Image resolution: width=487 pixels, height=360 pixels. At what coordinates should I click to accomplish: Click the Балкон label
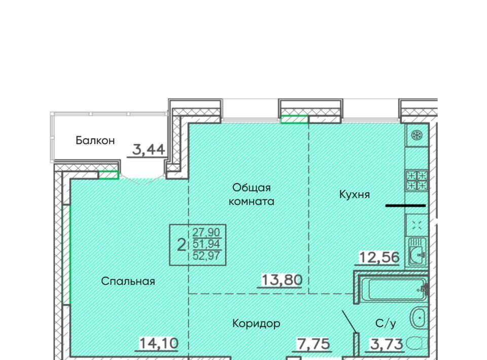[x=95, y=140]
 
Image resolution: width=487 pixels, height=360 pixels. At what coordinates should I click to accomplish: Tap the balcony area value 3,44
[x=149, y=150]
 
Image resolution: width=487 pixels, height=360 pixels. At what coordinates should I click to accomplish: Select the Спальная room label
[x=128, y=281]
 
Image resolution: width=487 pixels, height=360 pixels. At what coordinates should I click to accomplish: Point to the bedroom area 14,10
[x=159, y=343]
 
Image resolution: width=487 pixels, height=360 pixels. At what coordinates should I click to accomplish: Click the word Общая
[x=252, y=188]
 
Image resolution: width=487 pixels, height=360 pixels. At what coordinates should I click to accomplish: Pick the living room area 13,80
[x=282, y=280]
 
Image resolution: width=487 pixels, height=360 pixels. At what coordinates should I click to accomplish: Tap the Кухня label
[x=355, y=195]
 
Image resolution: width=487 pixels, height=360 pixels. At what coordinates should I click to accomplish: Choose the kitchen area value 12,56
[x=379, y=257]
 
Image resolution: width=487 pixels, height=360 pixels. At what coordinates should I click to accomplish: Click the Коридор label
[x=256, y=323]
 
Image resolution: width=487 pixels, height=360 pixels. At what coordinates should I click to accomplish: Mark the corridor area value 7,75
[x=314, y=344]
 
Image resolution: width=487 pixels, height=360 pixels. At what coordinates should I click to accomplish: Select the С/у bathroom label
[x=386, y=323]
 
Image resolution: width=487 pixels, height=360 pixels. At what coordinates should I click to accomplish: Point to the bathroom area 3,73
[x=387, y=344]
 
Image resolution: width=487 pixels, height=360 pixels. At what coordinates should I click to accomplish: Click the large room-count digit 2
[x=182, y=245]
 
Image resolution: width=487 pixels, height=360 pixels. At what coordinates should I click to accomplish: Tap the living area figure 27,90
[x=206, y=232]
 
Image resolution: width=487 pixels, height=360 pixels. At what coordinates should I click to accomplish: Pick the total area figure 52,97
[x=206, y=256]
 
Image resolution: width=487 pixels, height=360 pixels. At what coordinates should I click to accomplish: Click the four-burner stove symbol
[x=416, y=181]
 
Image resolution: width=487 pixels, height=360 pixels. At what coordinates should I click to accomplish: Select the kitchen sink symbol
[x=417, y=251]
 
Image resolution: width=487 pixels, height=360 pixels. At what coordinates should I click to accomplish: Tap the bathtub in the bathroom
[x=393, y=289]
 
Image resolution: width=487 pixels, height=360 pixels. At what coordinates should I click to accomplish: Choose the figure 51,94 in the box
[x=206, y=244]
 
